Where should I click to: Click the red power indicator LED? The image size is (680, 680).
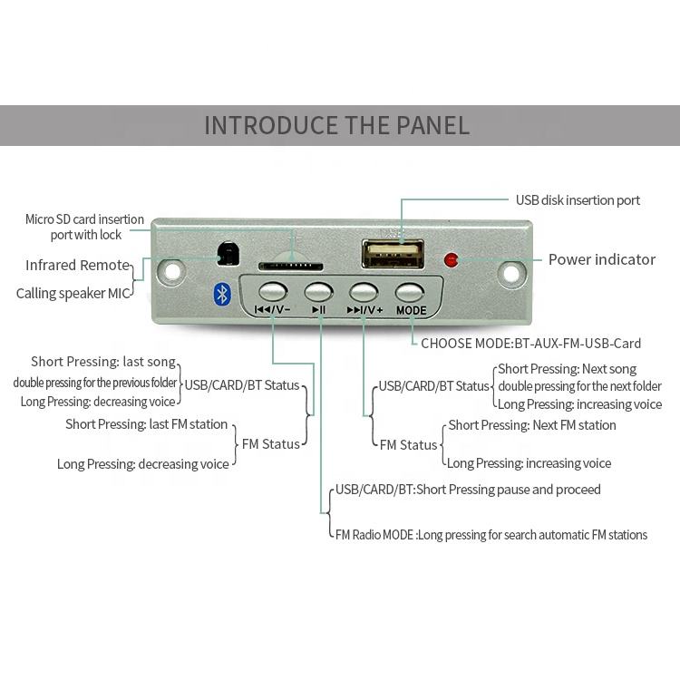(451, 260)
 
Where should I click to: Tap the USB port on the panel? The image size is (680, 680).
(393, 253)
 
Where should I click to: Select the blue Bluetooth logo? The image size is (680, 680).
(220, 293)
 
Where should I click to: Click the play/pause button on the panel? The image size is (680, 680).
(318, 292)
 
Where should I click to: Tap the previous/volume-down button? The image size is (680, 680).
(272, 292)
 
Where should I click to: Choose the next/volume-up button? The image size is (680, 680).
(364, 292)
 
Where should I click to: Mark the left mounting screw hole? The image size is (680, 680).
(170, 270)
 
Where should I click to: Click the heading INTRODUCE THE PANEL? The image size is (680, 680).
(336, 125)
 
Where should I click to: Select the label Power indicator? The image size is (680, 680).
(601, 259)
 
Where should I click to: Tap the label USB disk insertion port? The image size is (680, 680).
(578, 200)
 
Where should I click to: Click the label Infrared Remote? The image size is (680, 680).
(78, 266)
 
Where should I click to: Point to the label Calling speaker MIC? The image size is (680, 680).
(73, 293)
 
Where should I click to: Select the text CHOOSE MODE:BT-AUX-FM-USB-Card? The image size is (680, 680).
(530, 344)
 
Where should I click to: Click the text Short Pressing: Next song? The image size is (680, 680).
(567, 369)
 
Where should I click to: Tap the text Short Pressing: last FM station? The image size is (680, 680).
(146, 424)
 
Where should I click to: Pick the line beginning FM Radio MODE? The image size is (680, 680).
(491, 535)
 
